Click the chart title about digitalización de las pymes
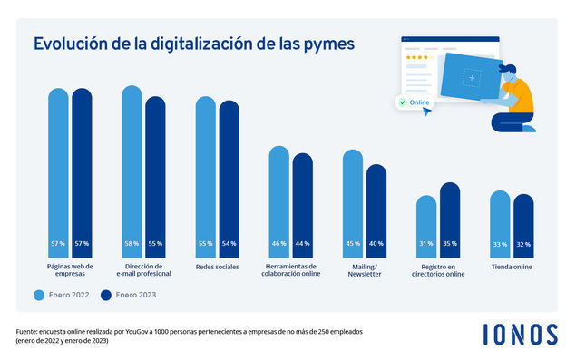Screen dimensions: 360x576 point(194,44)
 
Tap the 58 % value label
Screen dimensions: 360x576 point(132,244)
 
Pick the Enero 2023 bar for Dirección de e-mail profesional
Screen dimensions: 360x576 point(155,172)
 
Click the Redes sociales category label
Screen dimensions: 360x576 point(217,268)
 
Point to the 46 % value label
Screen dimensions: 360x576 point(278,244)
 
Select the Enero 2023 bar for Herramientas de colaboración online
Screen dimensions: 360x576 point(302,199)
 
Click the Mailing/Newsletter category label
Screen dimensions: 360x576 point(364,270)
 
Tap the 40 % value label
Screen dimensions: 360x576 point(376,244)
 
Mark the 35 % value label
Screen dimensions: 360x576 point(450,244)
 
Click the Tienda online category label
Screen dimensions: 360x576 point(511,268)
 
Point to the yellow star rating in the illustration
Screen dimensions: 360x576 point(418,57)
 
